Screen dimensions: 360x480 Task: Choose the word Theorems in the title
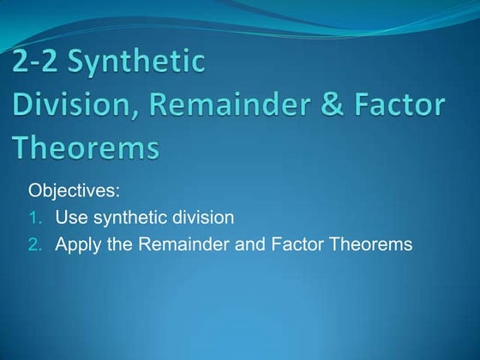tap(86, 148)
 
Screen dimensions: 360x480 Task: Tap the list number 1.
tap(34, 218)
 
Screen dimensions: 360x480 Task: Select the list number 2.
tap(34, 245)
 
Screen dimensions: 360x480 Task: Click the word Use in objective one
tap(71, 218)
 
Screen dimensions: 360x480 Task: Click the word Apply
tap(76, 245)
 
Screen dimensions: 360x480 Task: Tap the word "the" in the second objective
tap(117, 245)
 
